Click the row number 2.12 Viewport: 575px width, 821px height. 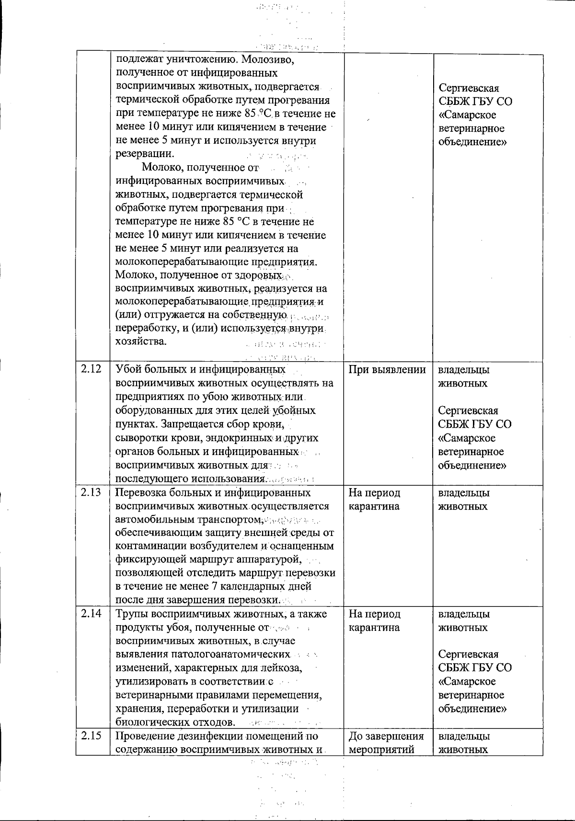(91, 370)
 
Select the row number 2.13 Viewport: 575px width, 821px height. (91, 493)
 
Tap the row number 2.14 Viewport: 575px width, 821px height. (91, 614)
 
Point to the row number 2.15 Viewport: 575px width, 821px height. (91, 736)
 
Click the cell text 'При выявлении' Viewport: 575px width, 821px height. (387, 370)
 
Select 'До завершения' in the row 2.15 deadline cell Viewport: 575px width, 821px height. (386, 736)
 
